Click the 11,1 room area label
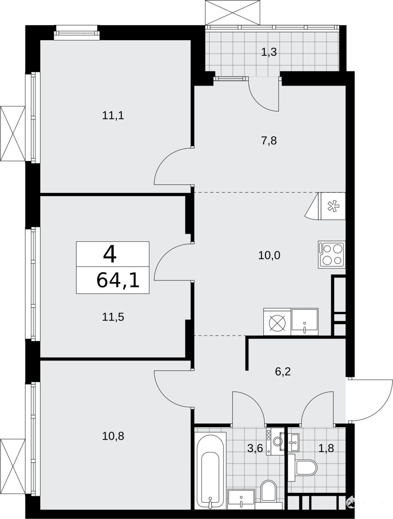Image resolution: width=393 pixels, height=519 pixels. tap(113, 116)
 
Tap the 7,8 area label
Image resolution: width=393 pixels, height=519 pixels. tap(269, 141)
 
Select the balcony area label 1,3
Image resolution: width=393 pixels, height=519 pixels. tap(269, 52)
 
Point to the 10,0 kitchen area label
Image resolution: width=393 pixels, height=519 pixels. tap(269, 255)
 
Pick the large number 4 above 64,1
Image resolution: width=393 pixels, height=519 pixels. tap(110, 254)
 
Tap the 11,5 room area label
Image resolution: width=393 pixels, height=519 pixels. tap(113, 317)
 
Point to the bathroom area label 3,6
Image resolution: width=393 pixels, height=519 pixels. tap(255, 448)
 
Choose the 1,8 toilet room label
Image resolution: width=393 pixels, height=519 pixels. tap(326, 448)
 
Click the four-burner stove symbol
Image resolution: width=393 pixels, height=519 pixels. tap(332, 254)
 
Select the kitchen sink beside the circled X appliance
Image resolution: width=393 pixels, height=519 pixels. tap(304, 321)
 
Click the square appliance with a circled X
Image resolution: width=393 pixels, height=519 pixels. tap(277, 321)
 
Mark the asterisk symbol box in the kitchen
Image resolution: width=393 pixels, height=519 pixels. tap(332, 206)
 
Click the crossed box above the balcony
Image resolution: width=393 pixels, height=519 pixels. tap(232, 13)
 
